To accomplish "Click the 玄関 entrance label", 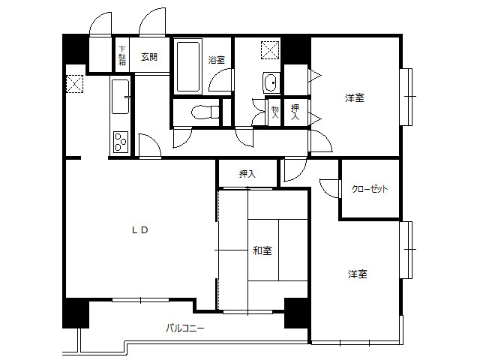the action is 149,57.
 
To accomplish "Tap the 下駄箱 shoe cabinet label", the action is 122,55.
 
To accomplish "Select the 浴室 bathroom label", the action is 217,60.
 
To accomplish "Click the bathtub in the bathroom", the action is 188,67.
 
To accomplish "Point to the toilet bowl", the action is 205,112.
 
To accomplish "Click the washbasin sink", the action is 271,82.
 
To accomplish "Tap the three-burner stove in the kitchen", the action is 121,142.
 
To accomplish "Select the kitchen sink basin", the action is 120,97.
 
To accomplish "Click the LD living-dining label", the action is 140,230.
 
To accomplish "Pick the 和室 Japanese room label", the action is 262,250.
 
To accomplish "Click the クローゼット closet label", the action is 370,189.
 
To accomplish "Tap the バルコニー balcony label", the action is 185,328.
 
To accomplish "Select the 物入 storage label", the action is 275,112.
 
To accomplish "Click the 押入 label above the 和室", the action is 247,174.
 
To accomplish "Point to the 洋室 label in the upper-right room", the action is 355,98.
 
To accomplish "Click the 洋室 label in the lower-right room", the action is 358,274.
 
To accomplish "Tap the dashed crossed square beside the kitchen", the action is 75,84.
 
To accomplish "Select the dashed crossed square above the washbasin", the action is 270,50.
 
